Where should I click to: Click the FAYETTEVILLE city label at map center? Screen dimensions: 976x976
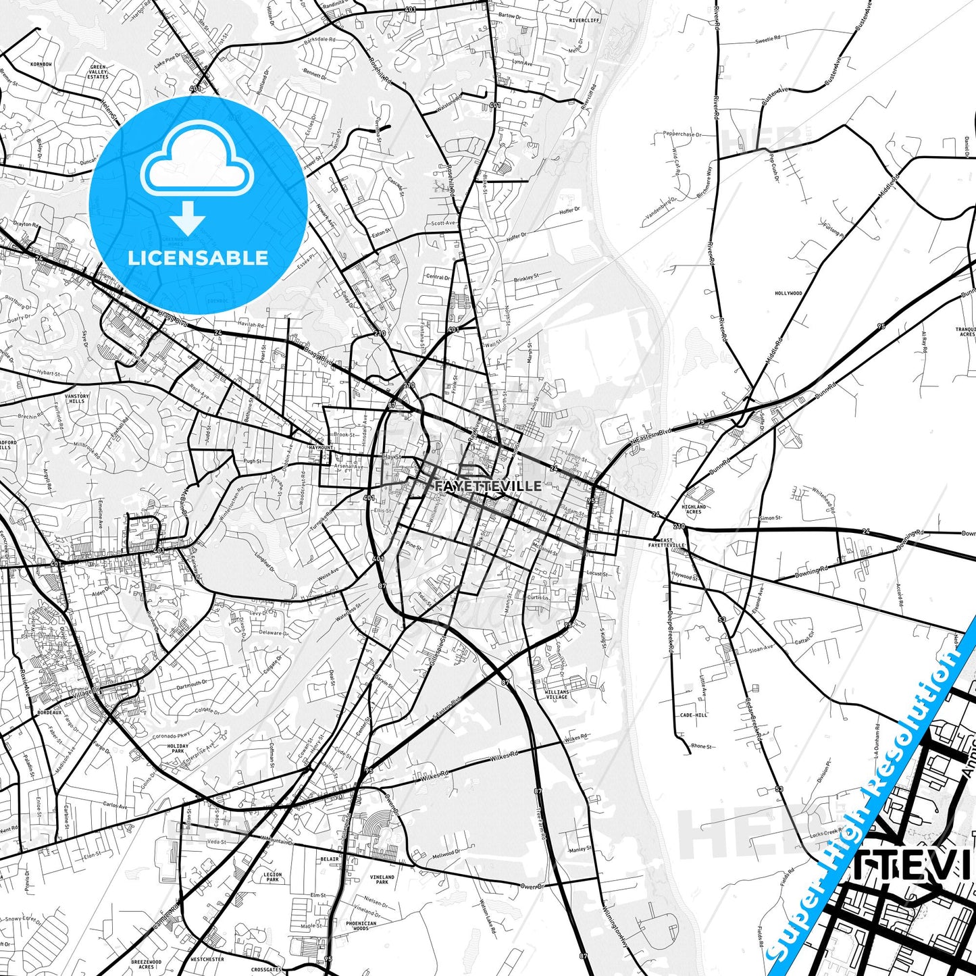coord(488,486)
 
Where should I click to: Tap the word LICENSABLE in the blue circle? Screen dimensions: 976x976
coord(198,258)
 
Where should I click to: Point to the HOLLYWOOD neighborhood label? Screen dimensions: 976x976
coord(788,293)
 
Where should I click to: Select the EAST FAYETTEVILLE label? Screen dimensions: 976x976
coord(667,542)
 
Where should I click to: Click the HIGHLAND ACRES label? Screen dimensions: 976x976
coord(694,509)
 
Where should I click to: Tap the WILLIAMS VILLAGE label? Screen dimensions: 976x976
coord(557,694)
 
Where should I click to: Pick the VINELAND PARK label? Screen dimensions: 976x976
coord(382,879)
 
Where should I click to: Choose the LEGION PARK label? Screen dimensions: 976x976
coord(273,877)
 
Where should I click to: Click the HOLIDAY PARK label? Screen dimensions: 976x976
coord(178,748)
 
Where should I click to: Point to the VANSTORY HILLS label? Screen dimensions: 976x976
coord(77,399)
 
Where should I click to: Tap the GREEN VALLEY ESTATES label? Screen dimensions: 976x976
coord(98,72)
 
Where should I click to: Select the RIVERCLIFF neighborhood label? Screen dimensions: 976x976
coord(584,20)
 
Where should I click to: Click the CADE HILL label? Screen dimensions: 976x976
coord(694,715)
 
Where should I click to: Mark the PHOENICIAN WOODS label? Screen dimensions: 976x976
coord(361,925)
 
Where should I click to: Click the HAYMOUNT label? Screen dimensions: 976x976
coord(321,447)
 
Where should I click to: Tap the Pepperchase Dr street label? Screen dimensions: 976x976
coord(682,134)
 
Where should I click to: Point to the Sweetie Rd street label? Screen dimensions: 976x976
coord(767,40)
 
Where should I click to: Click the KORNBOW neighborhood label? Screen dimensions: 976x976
coord(41,64)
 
